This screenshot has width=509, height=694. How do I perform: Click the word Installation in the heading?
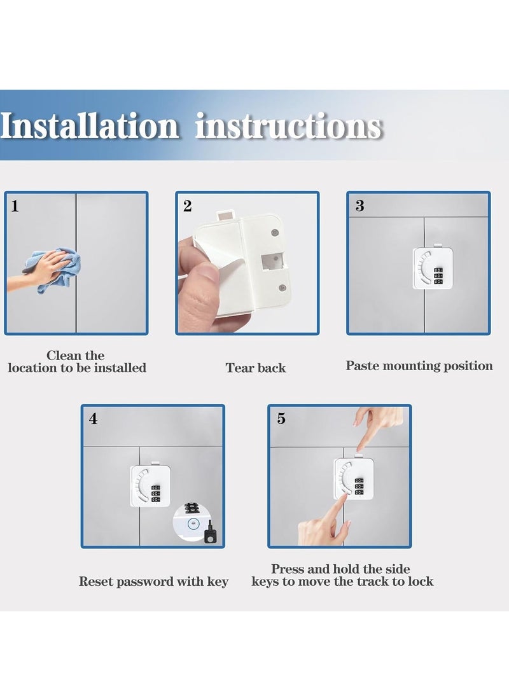pos(90,126)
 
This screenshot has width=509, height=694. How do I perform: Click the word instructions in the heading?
pos(288,126)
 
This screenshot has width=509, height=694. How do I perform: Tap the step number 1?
pos(15,206)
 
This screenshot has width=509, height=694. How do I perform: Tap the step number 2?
pos(187,206)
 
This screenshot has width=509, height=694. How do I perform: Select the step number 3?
pos(359,206)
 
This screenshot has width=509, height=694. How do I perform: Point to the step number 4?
pos(93,419)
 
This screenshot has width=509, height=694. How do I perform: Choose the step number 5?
pos(281,419)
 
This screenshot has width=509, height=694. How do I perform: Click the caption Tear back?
pos(255,368)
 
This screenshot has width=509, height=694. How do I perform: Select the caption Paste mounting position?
pos(419,366)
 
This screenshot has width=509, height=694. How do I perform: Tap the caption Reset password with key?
pos(153,581)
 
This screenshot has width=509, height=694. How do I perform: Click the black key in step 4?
pos(209,532)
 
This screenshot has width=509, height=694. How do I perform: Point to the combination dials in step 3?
pos(438,275)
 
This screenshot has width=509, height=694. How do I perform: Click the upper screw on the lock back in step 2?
pos(274,232)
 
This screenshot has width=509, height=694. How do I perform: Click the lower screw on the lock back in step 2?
pos(282,288)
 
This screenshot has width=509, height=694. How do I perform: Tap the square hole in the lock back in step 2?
pos(272,261)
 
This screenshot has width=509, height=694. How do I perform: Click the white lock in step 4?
pos(151,485)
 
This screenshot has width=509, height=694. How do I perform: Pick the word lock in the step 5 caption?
pos(421,581)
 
